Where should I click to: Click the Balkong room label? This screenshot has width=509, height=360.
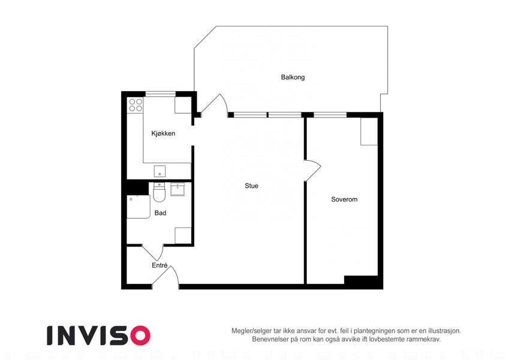293,77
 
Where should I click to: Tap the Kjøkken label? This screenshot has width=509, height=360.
163,133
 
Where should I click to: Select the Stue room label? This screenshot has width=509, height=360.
252,186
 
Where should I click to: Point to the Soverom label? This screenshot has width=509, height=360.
344,199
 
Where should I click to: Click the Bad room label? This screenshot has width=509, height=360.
160,213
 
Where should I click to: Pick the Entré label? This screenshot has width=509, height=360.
159,265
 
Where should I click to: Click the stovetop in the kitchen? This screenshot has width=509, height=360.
135,105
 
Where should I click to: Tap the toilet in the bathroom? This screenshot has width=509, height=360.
159,192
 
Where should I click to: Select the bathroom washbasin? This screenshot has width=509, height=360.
177,189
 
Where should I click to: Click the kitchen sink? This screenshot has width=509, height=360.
159,171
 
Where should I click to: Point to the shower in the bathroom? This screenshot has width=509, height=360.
138,206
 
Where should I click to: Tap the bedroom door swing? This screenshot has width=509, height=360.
312,170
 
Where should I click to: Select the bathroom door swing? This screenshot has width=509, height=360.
152,252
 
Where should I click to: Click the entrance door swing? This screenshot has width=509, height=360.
165,277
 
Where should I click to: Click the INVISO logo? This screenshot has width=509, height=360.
99,335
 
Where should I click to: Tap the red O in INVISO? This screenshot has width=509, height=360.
140,335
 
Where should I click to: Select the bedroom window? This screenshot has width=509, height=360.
330,115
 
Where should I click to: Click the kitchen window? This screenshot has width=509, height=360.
160,94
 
